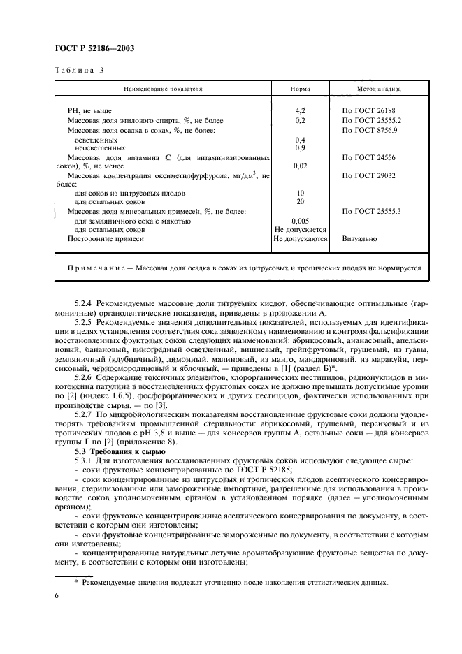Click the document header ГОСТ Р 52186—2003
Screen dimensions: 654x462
[94, 48]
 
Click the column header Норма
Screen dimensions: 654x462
[300, 89]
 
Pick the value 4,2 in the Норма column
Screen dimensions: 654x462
[300, 111]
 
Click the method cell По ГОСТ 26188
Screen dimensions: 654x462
[370, 111]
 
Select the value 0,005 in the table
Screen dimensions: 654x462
[300, 220]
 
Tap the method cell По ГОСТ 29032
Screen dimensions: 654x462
[370, 175]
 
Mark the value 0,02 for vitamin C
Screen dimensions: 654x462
[300, 166]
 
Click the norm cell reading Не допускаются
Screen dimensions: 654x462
[301, 238]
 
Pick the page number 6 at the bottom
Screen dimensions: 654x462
[57, 595]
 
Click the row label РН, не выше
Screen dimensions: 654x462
[89, 111]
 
